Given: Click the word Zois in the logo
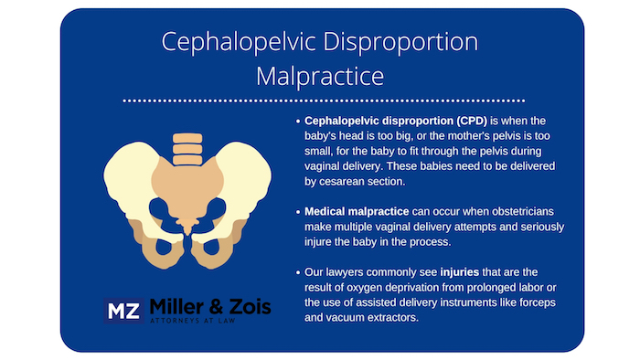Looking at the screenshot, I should pyautogui.click(x=248, y=307).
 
